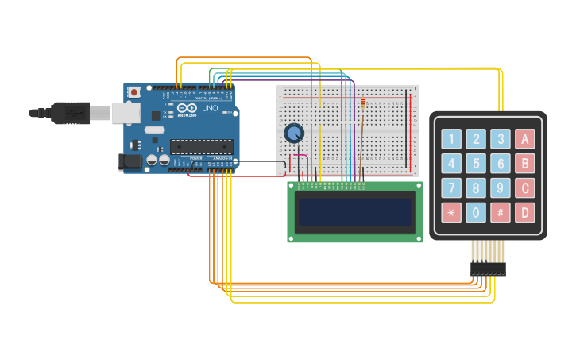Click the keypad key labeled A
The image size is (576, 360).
[x=524, y=139]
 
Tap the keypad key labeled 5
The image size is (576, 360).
[x=476, y=164]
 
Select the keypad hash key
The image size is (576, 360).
[x=500, y=213]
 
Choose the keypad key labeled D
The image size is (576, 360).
[x=524, y=213]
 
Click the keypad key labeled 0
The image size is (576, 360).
[x=476, y=213]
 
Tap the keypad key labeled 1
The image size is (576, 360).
[x=451, y=139]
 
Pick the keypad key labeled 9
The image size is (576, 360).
[x=500, y=188]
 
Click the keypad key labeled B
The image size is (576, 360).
[x=524, y=164]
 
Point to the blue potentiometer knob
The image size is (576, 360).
[x=294, y=134]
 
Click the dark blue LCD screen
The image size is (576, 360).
[x=354, y=211]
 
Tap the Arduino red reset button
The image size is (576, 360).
[x=134, y=92]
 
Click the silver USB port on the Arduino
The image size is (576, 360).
[x=126, y=114]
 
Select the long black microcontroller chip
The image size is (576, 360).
[x=202, y=146]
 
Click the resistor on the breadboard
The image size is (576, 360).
[x=363, y=103]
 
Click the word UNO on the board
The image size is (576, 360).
[x=210, y=109]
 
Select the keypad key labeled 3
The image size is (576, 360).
[x=500, y=139]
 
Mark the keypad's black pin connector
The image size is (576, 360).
[x=488, y=269]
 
